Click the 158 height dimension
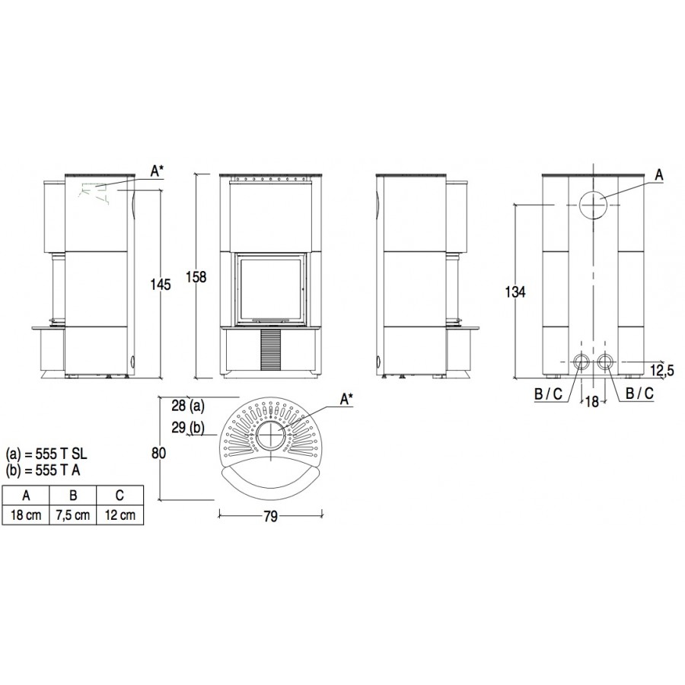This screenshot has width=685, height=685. click(x=196, y=277)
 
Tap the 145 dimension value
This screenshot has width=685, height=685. click(x=161, y=285)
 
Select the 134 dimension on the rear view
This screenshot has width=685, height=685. click(x=515, y=292)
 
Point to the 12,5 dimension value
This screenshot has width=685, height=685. click(x=662, y=371)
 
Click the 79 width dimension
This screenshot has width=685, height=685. click(x=270, y=516)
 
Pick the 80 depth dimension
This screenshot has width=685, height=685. click(x=158, y=454)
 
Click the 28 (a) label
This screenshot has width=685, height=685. click(x=188, y=406)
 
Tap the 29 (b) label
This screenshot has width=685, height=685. click(x=188, y=428)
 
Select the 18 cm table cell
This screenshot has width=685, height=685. click(x=26, y=515)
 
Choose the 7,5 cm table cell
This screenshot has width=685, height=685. click(x=72, y=515)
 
